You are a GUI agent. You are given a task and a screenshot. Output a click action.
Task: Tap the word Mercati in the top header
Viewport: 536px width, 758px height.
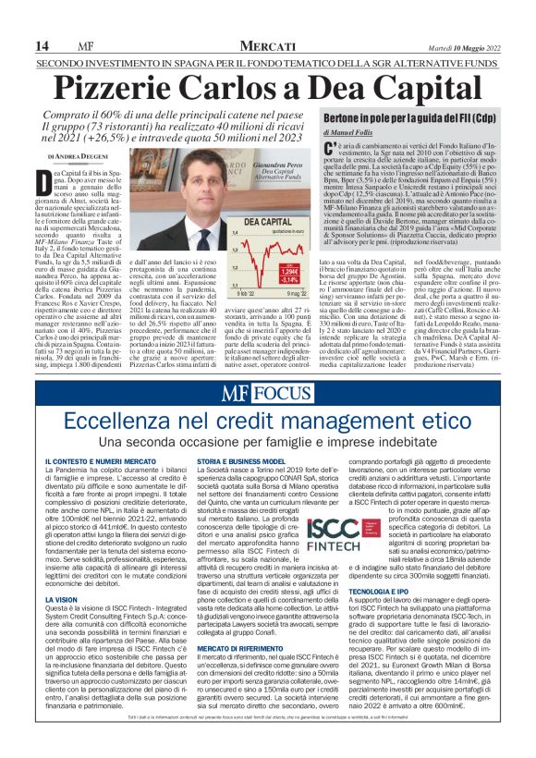point(268,46)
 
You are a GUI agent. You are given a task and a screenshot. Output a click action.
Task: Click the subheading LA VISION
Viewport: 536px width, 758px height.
point(61,600)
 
